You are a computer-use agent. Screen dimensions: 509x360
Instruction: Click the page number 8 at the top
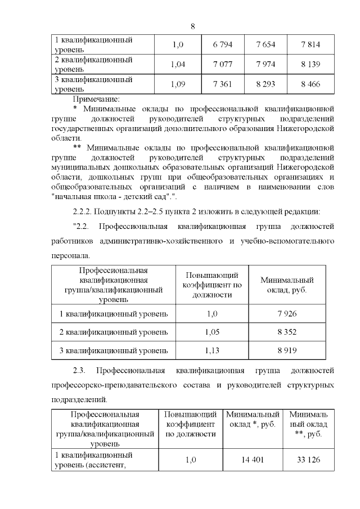[192, 26]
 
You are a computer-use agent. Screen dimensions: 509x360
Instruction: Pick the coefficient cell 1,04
[178, 64]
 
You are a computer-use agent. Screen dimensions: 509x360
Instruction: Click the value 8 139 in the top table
[310, 64]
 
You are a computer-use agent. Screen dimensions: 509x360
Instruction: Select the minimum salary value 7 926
[287, 313]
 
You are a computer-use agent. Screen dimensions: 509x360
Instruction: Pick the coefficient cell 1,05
[212, 332]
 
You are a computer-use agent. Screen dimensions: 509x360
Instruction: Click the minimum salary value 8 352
[287, 332]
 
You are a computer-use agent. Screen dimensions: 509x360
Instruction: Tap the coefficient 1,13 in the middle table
[212, 351]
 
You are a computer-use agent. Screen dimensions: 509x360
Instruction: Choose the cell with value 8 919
[287, 351]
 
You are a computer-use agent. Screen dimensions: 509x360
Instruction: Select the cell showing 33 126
[308, 460]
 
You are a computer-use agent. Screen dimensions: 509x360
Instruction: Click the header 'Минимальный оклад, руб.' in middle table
[287, 285]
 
